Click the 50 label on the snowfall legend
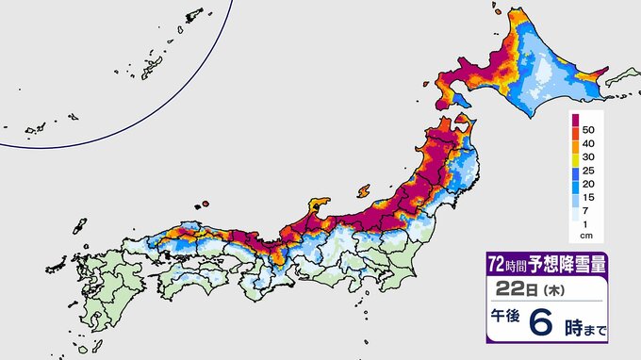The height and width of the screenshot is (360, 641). [x=589, y=127]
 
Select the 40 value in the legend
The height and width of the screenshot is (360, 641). [x=589, y=143]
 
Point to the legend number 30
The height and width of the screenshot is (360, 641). [x=589, y=158]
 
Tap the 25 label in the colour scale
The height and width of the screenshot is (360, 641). [x=589, y=173]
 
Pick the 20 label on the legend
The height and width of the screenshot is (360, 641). [x=589, y=188]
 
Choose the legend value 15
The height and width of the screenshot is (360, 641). [x=589, y=204]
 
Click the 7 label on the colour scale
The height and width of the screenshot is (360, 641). [x=587, y=219]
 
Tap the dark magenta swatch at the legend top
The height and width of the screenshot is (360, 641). [x=574, y=123]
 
